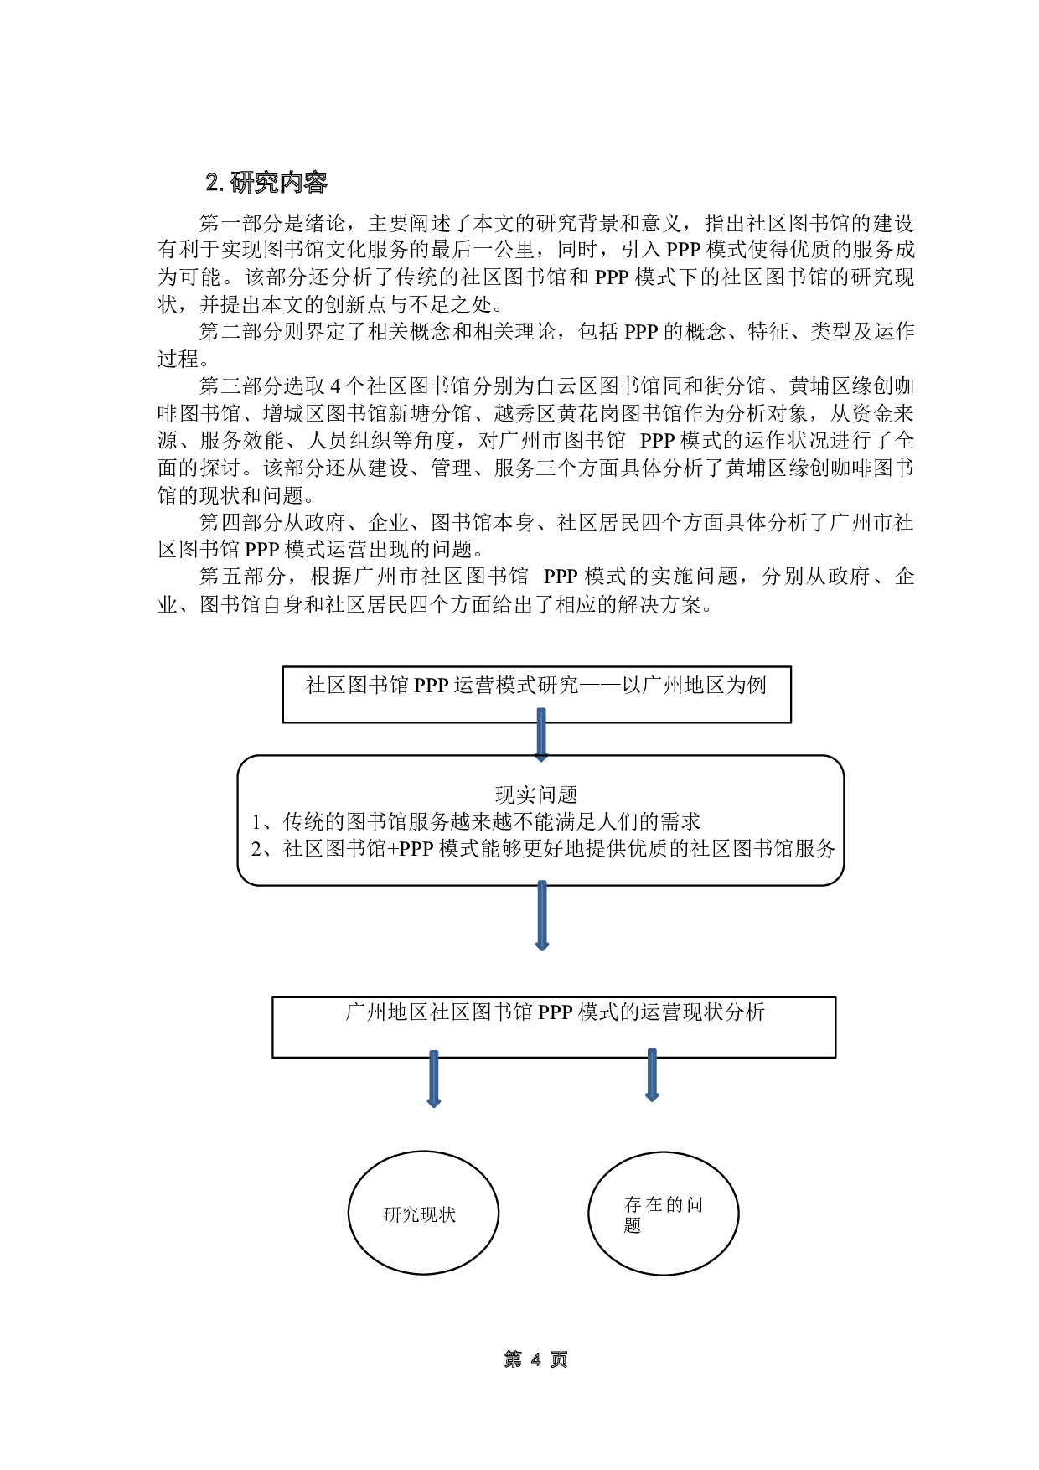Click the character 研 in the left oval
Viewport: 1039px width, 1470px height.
pyautogui.click(x=392, y=1214)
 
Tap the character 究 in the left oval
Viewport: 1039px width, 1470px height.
pyautogui.click(x=411, y=1214)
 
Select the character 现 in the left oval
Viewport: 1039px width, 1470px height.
pyautogui.click(x=429, y=1214)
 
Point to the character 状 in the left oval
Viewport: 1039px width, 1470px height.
pyautogui.click(x=447, y=1214)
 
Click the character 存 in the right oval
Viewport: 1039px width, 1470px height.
pyautogui.click(x=633, y=1205)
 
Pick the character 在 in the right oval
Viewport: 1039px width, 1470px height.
pyautogui.click(x=654, y=1205)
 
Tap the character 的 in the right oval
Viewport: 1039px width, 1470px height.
pyautogui.click(x=675, y=1205)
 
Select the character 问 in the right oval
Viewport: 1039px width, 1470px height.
pyautogui.click(x=695, y=1205)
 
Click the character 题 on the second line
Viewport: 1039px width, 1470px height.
pyautogui.click(x=633, y=1225)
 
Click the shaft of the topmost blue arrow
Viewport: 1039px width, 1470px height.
pyautogui.click(x=541, y=736)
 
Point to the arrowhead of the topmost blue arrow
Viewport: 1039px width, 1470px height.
pyautogui.click(x=541, y=758)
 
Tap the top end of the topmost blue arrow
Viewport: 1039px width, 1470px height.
pyautogui.click(x=541, y=711)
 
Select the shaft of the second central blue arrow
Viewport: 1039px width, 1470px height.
pyautogui.click(x=542, y=912)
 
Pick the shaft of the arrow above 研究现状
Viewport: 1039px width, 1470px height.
pyautogui.click(x=434, y=1076)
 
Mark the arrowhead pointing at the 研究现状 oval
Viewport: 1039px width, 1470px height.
pyautogui.click(x=434, y=1104)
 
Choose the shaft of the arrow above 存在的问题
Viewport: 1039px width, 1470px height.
pyautogui.click(x=652, y=1071)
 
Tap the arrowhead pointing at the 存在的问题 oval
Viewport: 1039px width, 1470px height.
pyautogui.click(x=652, y=1097)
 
